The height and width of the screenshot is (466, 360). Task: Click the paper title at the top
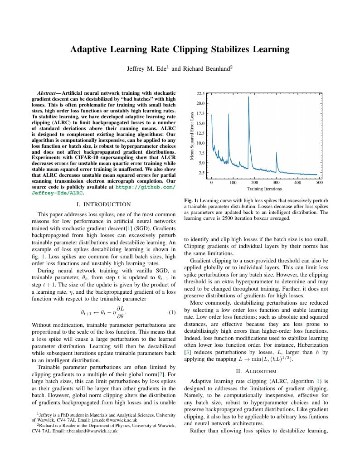[x=180, y=49]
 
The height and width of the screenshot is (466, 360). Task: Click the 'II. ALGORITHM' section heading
[x=256, y=370]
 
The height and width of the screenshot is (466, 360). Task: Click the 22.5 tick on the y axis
[x=200, y=93]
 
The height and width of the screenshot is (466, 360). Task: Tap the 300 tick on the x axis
[x=276, y=183]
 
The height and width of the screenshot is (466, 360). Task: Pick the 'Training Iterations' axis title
[x=264, y=189]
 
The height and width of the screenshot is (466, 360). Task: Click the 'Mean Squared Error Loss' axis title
[x=192, y=135]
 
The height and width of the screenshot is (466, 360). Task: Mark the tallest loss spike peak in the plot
[x=248, y=97]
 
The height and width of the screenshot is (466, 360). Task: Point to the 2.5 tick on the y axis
[x=201, y=173]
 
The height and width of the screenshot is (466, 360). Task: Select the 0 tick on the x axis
[x=211, y=183]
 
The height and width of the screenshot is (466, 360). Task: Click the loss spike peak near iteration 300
[x=276, y=153]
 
